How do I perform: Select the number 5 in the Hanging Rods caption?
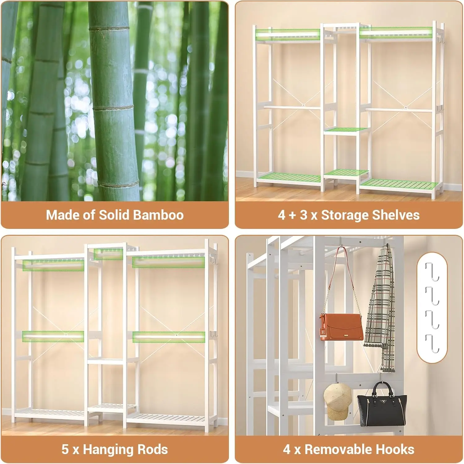pyautogui.click(x=65, y=449)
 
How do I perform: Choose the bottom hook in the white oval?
pyautogui.click(x=432, y=344)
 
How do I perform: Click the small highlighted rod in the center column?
pyautogui.click(x=108, y=254)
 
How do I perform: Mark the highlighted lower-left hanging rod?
pyautogui.click(x=53, y=336)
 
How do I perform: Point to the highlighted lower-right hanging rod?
pyautogui.click(x=169, y=337)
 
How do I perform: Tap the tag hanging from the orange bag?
pyautogui.click(x=323, y=334)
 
